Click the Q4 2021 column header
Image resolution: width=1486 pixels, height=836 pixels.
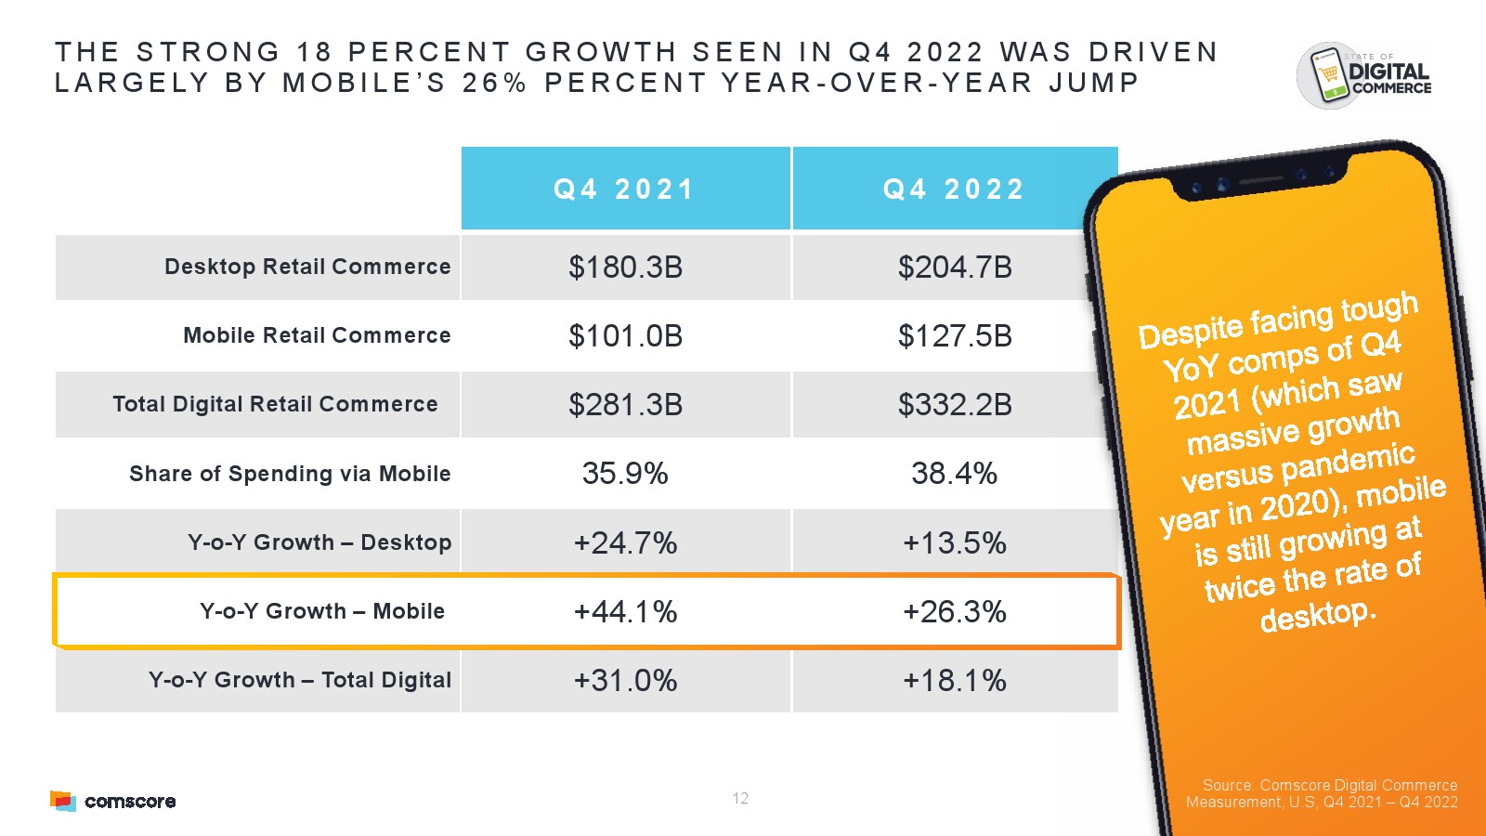coord(625,189)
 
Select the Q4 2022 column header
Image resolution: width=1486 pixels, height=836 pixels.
coord(954,189)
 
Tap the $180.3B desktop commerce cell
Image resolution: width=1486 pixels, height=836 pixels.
coord(625,268)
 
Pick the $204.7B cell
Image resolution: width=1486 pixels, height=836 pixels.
coord(954,268)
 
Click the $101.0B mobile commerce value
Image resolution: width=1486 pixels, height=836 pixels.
coord(625,336)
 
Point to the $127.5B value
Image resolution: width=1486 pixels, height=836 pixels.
coord(954,336)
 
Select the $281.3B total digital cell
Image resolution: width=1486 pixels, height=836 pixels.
coord(625,405)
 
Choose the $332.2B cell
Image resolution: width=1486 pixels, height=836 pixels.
coord(954,405)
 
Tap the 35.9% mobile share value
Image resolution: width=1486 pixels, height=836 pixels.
coord(625,474)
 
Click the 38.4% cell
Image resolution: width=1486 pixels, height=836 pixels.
coord(954,474)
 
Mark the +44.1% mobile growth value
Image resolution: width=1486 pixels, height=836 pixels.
coord(625,612)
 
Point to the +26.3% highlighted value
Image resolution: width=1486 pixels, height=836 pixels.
coord(954,612)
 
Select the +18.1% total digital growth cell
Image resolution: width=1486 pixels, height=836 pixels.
coord(954,681)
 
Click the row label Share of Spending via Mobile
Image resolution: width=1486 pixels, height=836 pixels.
coord(290,474)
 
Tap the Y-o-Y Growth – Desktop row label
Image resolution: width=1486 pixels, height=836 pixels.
coord(319,542)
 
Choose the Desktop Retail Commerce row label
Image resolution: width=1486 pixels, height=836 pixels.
coord(307,268)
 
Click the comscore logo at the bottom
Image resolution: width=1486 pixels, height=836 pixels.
coord(113,801)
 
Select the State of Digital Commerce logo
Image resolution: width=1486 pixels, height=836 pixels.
coord(1363,75)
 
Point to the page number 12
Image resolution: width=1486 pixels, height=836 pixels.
coord(740,799)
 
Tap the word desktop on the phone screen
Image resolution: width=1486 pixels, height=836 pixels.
coord(1317,615)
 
